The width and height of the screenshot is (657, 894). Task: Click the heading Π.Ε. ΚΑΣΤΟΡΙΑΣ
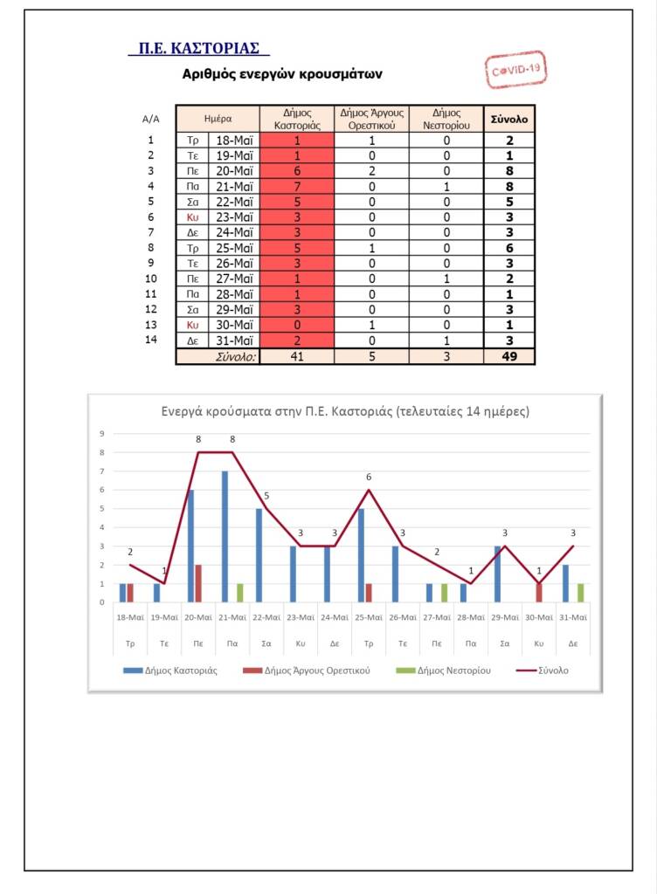click(198, 48)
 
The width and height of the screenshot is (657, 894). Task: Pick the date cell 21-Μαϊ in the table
click(234, 186)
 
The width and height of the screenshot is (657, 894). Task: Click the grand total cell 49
click(509, 356)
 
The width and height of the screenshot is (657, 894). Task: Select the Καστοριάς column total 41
click(297, 356)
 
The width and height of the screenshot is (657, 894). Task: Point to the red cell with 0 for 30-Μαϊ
click(297, 326)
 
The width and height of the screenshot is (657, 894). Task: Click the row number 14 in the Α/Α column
click(150, 340)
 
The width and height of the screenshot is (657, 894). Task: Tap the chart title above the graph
click(345, 411)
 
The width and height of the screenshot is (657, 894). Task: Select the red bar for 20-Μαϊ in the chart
click(197, 583)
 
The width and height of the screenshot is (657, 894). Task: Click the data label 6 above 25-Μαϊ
click(369, 478)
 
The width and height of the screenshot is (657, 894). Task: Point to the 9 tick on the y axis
click(101, 434)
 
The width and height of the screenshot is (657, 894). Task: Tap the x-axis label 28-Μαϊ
click(471, 617)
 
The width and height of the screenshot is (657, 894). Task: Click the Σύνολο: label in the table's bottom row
click(236, 356)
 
